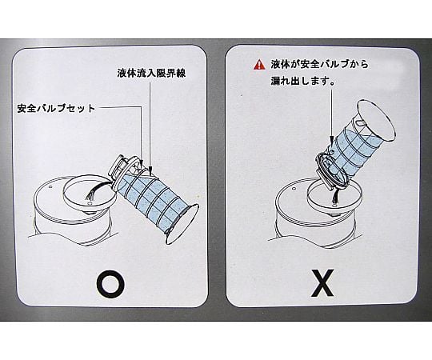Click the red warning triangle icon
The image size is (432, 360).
click(x=258, y=65)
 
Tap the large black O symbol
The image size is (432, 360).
click(x=110, y=285)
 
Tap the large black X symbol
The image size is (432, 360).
click(x=322, y=283)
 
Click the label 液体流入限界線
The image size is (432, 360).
click(x=151, y=73)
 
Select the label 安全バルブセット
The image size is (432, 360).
click(x=56, y=108)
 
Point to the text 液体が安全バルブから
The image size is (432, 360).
click(x=319, y=64)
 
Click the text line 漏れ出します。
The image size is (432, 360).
click(x=302, y=81)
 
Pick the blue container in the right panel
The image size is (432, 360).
click(x=355, y=146)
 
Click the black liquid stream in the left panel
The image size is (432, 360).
click(x=95, y=190)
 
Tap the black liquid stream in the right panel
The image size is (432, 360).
click(x=336, y=196)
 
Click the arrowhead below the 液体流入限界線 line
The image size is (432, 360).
click(x=150, y=169)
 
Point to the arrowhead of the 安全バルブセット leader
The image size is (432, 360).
click(x=142, y=163)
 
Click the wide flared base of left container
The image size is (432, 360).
click(x=182, y=225)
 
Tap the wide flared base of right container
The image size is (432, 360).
click(x=377, y=120)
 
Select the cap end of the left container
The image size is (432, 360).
click(x=117, y=167)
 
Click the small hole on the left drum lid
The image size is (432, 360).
click(x=50, y=187)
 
